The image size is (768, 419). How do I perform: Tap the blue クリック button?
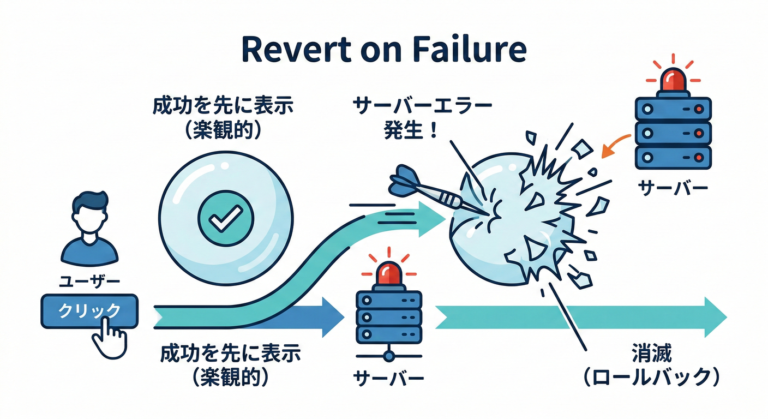coord(89,311)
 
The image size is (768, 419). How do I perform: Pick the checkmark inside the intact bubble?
coord(225,219)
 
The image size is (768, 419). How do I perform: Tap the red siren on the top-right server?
coord(673,80)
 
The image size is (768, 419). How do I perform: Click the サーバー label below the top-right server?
coord(673,188)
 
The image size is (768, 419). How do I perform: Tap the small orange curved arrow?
coord(616,145)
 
